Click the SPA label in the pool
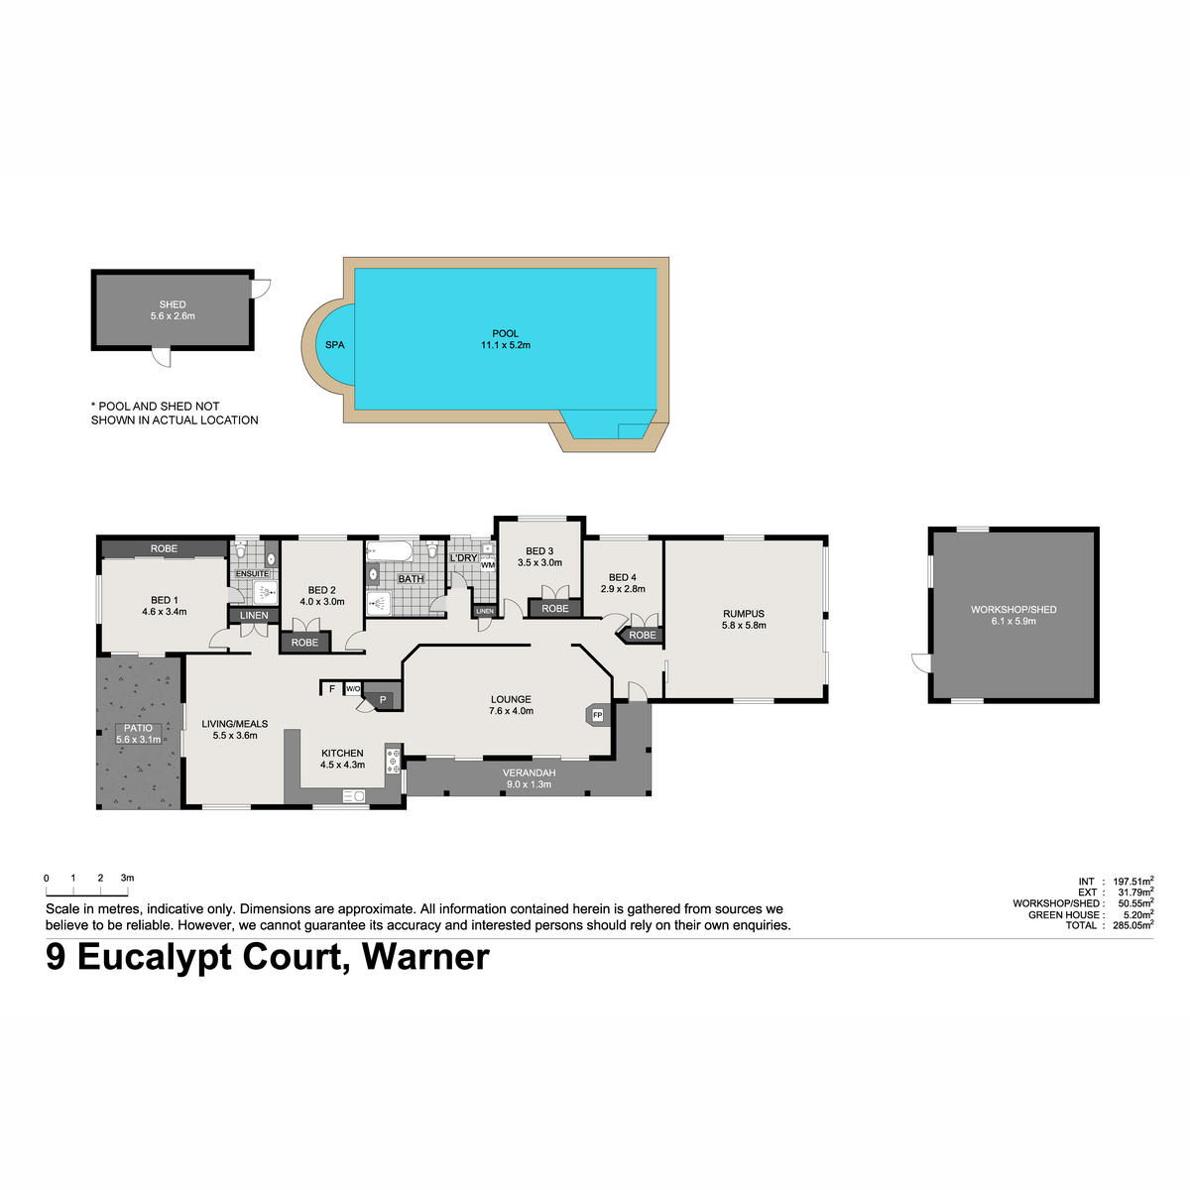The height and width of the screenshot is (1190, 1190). click(335, 344)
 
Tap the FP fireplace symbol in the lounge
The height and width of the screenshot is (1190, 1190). click(597, 715)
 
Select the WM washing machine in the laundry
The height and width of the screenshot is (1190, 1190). click(488, 564)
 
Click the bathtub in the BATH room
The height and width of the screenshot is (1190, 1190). click(389, 550)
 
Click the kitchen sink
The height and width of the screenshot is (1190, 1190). click(354, 796)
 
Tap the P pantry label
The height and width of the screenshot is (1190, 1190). click(383, 700)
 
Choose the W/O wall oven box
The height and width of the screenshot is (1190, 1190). click(353, 688)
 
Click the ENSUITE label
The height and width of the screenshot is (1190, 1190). click(253, 574)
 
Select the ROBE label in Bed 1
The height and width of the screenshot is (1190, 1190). click(164, 548)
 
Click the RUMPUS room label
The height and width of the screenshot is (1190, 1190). click(744, 614)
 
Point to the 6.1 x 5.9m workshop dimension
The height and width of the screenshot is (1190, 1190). click(1013, 621)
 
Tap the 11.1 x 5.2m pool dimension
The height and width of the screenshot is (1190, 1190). click(505, 345)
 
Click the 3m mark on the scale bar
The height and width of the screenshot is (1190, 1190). click(127, 878)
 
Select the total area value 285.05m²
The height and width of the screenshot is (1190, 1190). click(1132, 925)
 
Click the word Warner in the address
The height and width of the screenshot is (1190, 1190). click(425, 957)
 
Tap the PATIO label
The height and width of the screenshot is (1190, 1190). click(138, 728)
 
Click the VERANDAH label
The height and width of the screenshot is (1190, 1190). click(530, 773)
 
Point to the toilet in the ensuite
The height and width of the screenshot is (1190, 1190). click(241, 548)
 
